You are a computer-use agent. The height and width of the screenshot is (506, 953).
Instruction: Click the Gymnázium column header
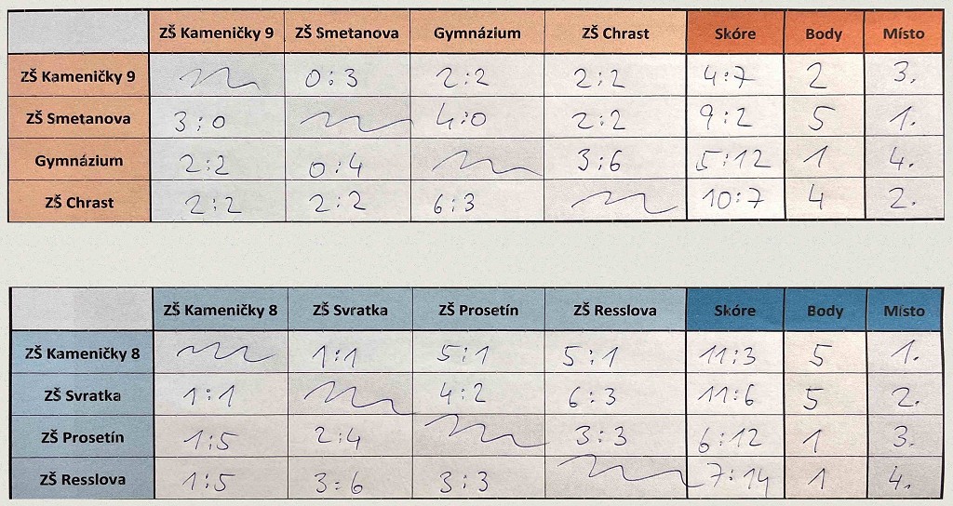476,33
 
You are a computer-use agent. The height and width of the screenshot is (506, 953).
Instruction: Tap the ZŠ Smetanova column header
346,33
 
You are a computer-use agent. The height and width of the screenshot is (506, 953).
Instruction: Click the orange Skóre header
734,33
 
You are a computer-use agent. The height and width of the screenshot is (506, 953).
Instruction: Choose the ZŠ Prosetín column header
478,311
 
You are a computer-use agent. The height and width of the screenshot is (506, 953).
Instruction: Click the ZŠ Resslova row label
71,480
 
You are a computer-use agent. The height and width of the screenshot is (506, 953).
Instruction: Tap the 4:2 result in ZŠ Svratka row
462,394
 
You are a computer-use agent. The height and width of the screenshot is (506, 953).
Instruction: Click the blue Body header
824,311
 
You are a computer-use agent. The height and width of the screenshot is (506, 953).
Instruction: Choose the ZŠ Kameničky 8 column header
220,311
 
